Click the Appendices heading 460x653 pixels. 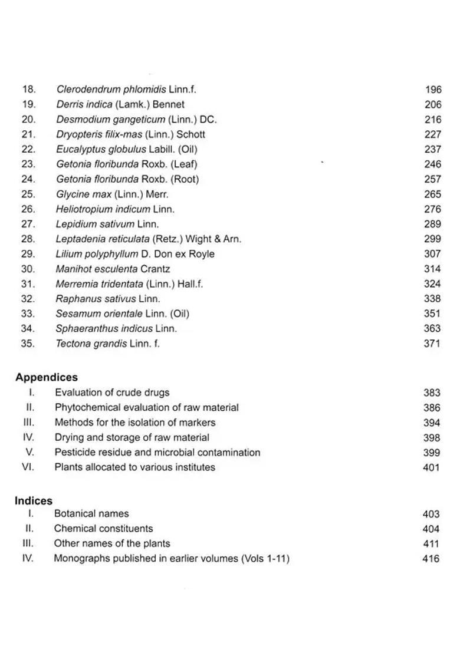(47, 377)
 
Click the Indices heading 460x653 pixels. (34, 500)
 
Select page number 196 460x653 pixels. (433, 90)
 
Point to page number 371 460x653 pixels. (432, 344)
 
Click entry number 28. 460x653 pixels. (28, 239)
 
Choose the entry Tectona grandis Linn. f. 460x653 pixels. (107, 344)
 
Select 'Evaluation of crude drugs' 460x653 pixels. (112, 393)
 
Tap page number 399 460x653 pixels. (432, 453)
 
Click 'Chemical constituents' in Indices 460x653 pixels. (103, 529)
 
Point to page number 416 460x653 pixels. (431, 559)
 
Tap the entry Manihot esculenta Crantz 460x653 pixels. (113, 269)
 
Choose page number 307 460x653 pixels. (432, 254)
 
